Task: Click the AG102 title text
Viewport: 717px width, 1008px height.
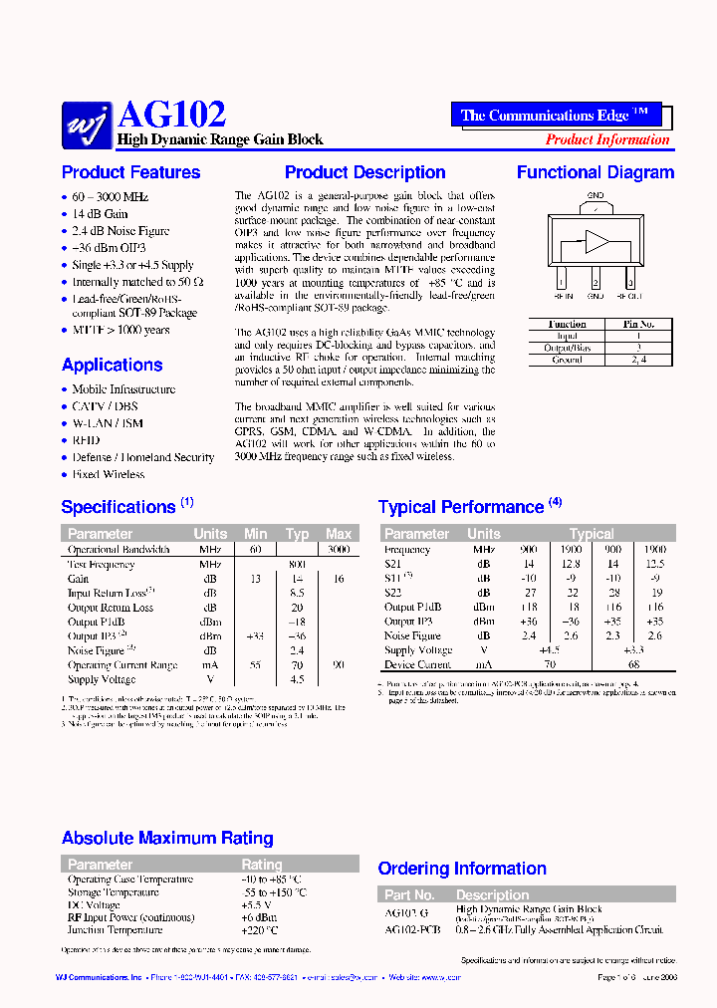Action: [171, 114]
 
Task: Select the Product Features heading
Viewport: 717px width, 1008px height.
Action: [130, 172]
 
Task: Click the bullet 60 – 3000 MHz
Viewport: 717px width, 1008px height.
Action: [110, 197]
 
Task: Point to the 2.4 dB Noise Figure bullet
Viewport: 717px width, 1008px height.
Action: [120, 231]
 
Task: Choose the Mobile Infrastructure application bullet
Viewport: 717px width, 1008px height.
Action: [123, 389]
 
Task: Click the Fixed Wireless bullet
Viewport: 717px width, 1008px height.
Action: [109, 474]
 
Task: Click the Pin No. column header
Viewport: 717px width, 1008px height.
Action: [638, 324]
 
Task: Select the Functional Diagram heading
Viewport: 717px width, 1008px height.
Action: [595, 172]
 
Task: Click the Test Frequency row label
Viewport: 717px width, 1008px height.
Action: [101, 565]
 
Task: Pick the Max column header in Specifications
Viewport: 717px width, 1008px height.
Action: [339, 534]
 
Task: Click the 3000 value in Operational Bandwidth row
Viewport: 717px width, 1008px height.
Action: [338, 550]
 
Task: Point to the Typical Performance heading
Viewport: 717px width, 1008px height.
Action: [461, 507]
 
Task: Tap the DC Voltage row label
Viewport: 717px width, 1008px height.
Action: [96, 905]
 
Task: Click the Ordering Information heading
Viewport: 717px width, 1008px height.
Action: [462, 869]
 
